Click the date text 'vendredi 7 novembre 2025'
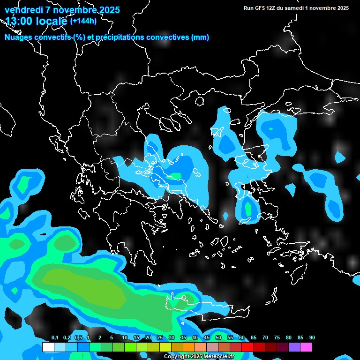pyautogui.click(x=62, y=10)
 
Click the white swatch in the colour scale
pyautogui.click(x=48, y=347)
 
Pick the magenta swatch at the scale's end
pyautogui.click(x=306, y=347)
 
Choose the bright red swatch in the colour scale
pyautogui.click(x=247, y=347)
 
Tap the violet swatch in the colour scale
pyautogui.click(x=294, y=347)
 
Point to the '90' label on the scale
pyautogui.click(x=312, y=338)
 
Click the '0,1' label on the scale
pyautogui.click(x=54, y=338)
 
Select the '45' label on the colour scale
pyautogui.click(x=206, y=338)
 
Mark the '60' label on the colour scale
pyautogui.click(x=241, y=338)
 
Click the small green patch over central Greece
pyautogui.click(x=176, y=176)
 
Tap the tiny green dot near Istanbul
pyautogui.click(x=271, y=128)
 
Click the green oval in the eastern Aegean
pyautogui.click(x=248, y=210)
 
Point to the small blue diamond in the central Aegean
pyautogui.click(x=225, y=216)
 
